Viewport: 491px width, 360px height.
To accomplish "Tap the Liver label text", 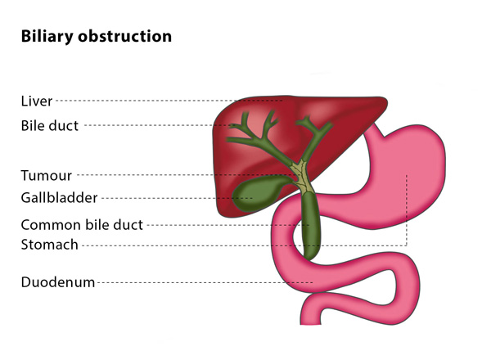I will point(36,101).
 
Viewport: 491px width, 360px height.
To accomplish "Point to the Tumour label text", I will point(46,175).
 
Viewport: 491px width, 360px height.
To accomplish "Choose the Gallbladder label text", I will point(59,197).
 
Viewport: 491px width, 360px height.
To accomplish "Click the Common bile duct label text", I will point(82,224).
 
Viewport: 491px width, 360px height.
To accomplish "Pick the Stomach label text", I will point(49,244).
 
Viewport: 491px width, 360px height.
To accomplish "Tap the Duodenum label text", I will point(57,283).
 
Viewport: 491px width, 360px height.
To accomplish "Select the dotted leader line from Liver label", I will point(164,101).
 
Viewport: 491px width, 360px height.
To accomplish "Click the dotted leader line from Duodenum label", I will point(205,283).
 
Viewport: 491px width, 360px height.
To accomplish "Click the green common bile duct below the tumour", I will point(311,225).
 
